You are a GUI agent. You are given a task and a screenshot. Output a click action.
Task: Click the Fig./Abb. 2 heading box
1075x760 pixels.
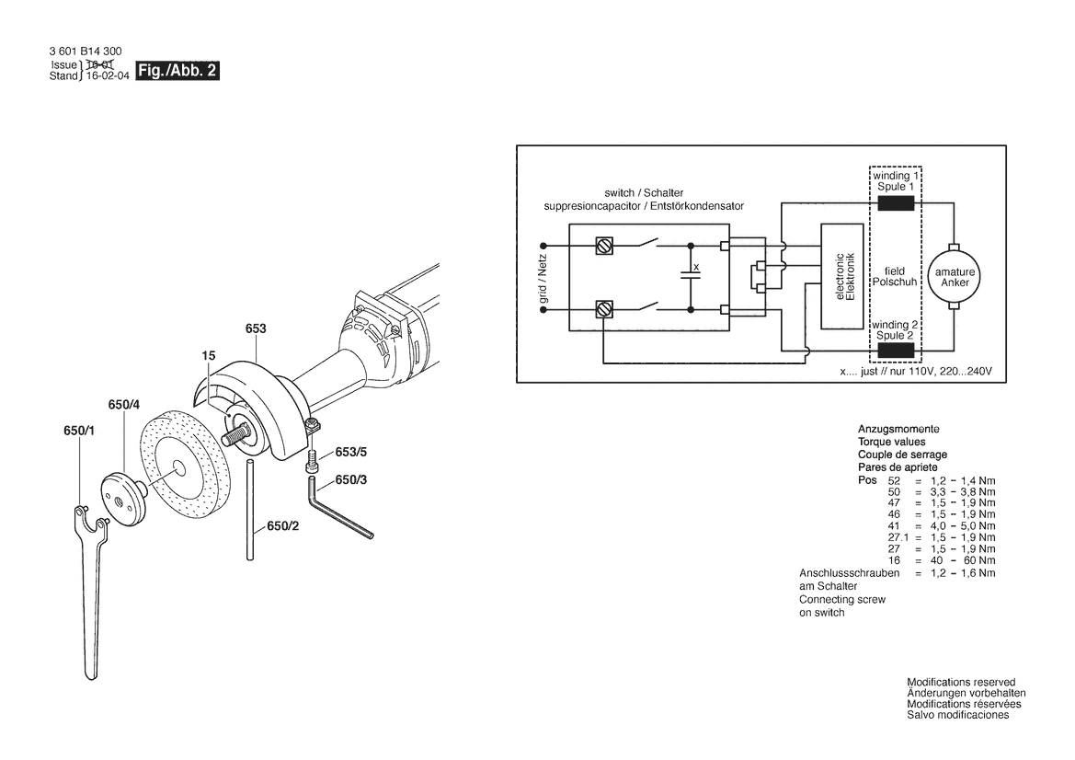(177, 71)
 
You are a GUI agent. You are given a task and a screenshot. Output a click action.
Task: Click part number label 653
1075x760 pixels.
(256, 328)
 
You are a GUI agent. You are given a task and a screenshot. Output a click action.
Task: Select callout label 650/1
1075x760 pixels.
(79, 431)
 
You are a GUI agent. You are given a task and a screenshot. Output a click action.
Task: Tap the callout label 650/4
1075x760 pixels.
(123, 405)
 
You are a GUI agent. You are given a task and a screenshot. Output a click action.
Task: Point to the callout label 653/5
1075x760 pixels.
(350, 452)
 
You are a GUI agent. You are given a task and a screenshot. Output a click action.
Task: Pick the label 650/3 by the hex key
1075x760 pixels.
(350, 480)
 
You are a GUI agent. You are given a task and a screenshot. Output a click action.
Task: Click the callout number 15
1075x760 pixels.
(210, 354)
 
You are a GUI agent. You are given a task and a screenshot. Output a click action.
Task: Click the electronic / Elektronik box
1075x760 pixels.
(843, 277)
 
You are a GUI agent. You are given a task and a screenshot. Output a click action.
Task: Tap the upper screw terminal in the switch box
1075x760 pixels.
(604, 247)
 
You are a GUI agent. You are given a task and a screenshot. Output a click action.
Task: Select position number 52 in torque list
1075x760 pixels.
(895, 481)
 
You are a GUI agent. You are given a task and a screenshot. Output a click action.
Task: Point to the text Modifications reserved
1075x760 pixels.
(960, 682)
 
